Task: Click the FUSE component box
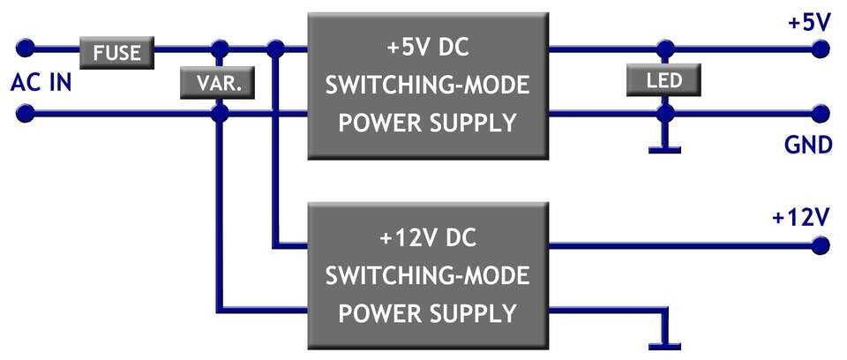click(x=117, y=52)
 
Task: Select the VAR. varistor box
click(x=217, y=84)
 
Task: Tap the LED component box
click(x=665, y=81)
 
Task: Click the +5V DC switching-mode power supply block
click(x=428, y=86)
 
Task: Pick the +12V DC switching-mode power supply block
click(x=428, y=275)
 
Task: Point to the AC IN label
click(x=41, y=84)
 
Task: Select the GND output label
click(x=809, y=146)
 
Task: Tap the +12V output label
click(x=802, y=217)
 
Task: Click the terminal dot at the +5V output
click(x=821, y=49)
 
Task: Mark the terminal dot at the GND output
click(x=821, y=114)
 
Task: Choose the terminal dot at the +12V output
click(x=821, y=244)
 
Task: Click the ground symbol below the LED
click(x=665, y=147)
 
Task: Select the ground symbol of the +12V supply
click(x=665, y=343)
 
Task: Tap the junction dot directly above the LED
click(x=665, y=49)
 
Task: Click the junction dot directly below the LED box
click(x=665, y=114)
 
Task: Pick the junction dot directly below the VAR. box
click(x=218, y=114)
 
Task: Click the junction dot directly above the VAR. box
click(x=219, y=49)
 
